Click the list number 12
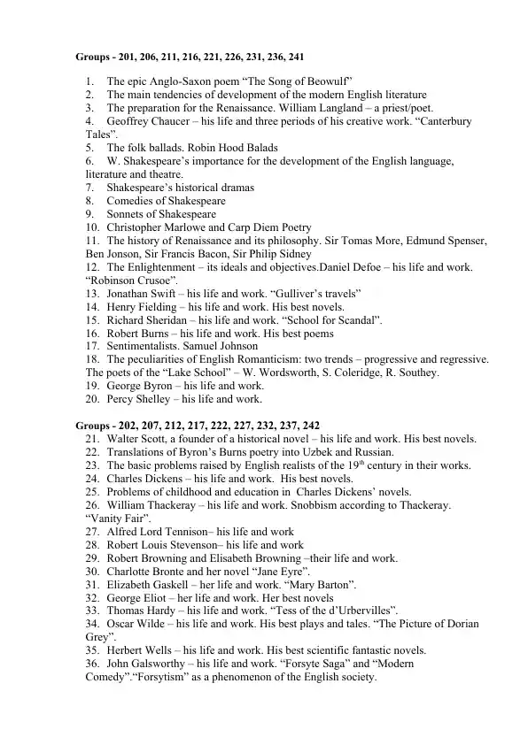(92, 267)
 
